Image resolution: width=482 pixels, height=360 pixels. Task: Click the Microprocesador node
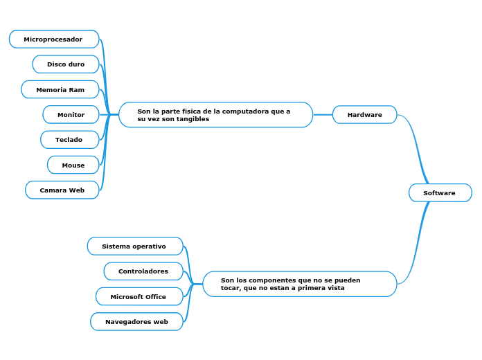(x=54, y=39)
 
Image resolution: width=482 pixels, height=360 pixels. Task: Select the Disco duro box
(x=66, y=64)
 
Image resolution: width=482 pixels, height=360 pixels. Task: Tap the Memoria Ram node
(x=60, y=89)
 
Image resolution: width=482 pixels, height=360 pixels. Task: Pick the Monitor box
(x=71, y=114)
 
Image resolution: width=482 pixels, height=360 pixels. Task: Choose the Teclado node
(x=70, y=140)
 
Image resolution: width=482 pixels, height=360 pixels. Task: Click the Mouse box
(x=73, y=165)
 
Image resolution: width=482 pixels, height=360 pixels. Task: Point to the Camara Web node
(x=62, y=190)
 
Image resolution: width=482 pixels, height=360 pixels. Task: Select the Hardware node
(x=364, y=115)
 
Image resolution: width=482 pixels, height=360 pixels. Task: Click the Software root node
(x=440, y=192)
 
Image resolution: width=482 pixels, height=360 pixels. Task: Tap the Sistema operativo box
(x=135, y=246)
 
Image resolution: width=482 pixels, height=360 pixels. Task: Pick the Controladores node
(x=143, y=271)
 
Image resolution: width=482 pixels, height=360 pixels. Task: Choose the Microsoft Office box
(x=140, y=296)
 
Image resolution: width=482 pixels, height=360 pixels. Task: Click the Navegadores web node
(x=137, y=321)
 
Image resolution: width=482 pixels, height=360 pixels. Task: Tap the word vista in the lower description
(x=337, y=288)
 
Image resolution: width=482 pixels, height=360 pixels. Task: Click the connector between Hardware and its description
(x=323, y=115)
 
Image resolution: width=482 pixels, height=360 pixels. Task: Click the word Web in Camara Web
(x=77, y=190)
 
